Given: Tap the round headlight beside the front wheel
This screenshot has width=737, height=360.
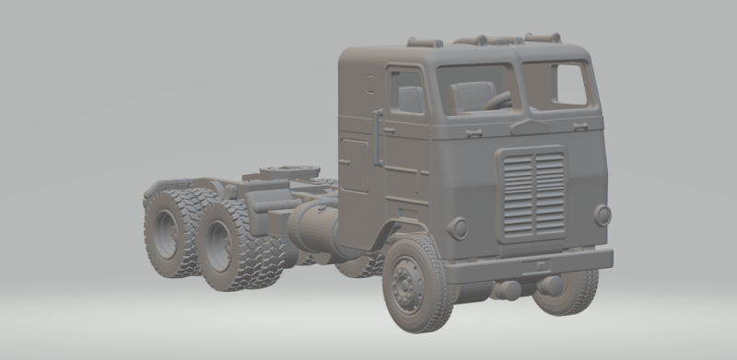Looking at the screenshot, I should click(x=458, y=227).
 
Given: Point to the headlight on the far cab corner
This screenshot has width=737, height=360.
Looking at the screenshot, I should click(x=602, y=215).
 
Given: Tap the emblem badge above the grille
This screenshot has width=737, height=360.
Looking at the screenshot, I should click(x=529, y=128).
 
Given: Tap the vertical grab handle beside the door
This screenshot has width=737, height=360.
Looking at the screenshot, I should click(x=378, y=138).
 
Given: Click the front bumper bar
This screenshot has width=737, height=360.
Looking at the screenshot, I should click(x=530, y=264).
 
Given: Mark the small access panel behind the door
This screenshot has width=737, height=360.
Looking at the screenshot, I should click(x=355, y=166).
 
